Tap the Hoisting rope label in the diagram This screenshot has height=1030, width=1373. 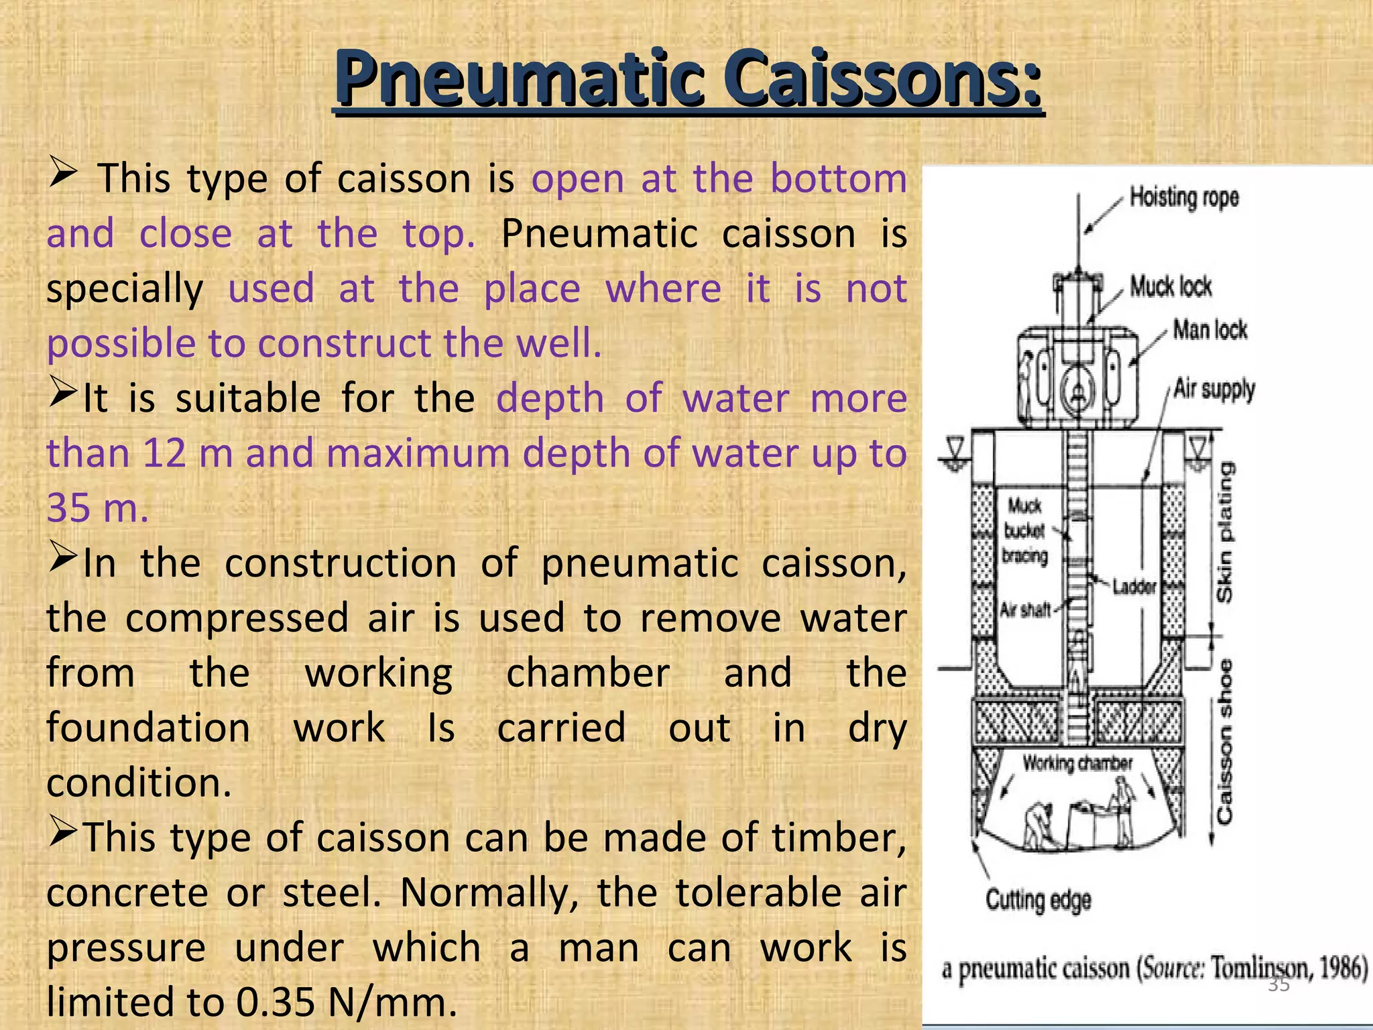(1184, 198)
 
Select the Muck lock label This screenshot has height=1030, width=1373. (1171, 286)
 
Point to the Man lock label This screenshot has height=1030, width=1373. (1209, 330)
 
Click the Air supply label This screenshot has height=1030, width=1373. (1214, 389)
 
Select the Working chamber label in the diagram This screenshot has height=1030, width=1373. (1077, 763)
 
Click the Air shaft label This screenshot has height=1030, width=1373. (1025, 610)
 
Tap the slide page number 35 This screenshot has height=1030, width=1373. (1278, 984)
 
